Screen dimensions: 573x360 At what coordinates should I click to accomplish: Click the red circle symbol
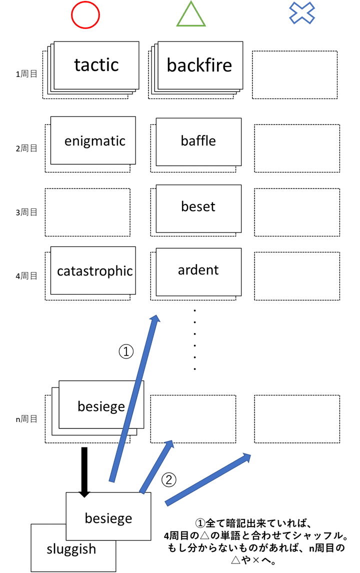pyautogui.click(x=86, y=15)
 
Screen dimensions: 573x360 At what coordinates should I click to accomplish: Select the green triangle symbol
pyautogui.click(x=191, y=15)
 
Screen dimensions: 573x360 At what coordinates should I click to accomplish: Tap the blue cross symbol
pyautogui.click(x=302, y=13)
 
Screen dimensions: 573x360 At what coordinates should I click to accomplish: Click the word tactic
pyautogui.click(x=96, y=64)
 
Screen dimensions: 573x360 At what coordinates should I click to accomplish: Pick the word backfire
pyautogui.click(x=199, y=65)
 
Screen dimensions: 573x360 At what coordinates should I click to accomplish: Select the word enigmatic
pyautogui.click(x=94, y=141)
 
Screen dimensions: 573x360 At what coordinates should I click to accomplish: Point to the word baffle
pyautogui.click(x=198, y=141)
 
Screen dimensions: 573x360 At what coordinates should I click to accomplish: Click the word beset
pyautogui.click(x=198, y=206)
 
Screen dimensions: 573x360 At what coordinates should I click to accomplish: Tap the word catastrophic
pyautogui.click(x=94, y=271)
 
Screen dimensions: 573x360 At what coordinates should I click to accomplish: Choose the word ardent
pyautogui.click(x=198, y=270)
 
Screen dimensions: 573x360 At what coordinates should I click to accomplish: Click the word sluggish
pyautogui.click(x=71, y=548)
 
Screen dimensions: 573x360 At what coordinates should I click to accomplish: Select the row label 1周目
pyautogui.click(x=26, y=74)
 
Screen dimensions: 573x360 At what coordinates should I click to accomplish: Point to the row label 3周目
pyautogui.click(x=26, y=212)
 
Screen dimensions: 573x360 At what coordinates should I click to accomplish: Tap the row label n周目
pyautogui.click(x=26, y=419)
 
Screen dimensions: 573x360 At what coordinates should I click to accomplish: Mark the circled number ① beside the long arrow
pyautogui.click(x=126, y=351)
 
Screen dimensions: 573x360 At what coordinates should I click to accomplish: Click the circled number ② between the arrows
pyautogui.click(x=169, y=480)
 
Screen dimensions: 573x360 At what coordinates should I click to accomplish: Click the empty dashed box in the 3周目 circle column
pyautogui.click(x=87, y=212)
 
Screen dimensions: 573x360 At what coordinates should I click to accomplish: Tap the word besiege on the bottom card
pyautogui.click(x=108, y=518)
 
